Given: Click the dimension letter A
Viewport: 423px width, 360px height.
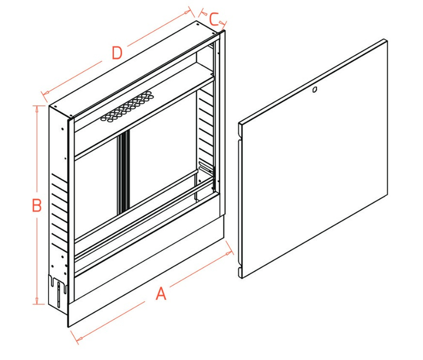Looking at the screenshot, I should (161, 293).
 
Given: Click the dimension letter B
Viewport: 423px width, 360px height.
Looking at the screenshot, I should (36, 205).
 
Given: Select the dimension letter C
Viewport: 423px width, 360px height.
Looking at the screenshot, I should (213, 20).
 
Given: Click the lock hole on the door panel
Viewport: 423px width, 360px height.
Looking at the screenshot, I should (314, 90).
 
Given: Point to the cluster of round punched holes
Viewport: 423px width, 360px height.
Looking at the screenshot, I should (127, 108).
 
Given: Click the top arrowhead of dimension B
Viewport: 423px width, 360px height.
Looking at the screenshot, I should (36, 107).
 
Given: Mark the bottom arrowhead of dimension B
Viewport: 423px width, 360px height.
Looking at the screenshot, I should (36, 303).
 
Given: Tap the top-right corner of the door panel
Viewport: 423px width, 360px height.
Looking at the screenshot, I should (387, 40).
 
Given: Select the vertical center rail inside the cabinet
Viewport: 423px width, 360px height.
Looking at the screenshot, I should (123, 174).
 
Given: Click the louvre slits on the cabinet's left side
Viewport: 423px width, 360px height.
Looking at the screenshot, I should (60, 211).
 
